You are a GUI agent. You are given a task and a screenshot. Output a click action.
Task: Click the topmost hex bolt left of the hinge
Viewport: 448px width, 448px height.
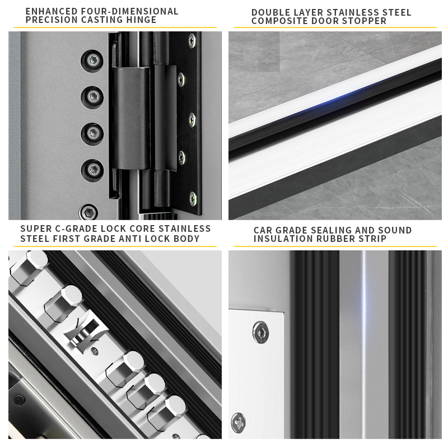(x=92, y=60)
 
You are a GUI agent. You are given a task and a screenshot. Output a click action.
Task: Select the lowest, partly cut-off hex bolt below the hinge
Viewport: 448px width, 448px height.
(x=89, y=212)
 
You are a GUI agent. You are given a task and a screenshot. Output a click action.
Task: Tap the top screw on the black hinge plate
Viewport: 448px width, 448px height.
(x=192, y=40)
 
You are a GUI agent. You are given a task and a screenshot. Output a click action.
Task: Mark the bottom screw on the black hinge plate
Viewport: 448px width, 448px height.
(x=193, y=199)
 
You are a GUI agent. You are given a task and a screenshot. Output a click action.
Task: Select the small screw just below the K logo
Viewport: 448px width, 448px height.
(x=95, y=351)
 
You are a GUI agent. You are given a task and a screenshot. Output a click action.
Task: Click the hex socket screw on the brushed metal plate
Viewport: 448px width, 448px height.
(x=260, y=332)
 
